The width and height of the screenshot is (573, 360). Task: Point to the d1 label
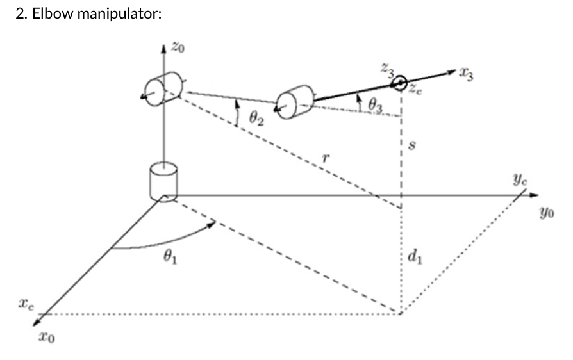(x=413, y=258)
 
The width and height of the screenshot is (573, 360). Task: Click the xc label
(x=26, y=301)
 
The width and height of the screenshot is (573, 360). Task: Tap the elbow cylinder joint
(x=294, y=103)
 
